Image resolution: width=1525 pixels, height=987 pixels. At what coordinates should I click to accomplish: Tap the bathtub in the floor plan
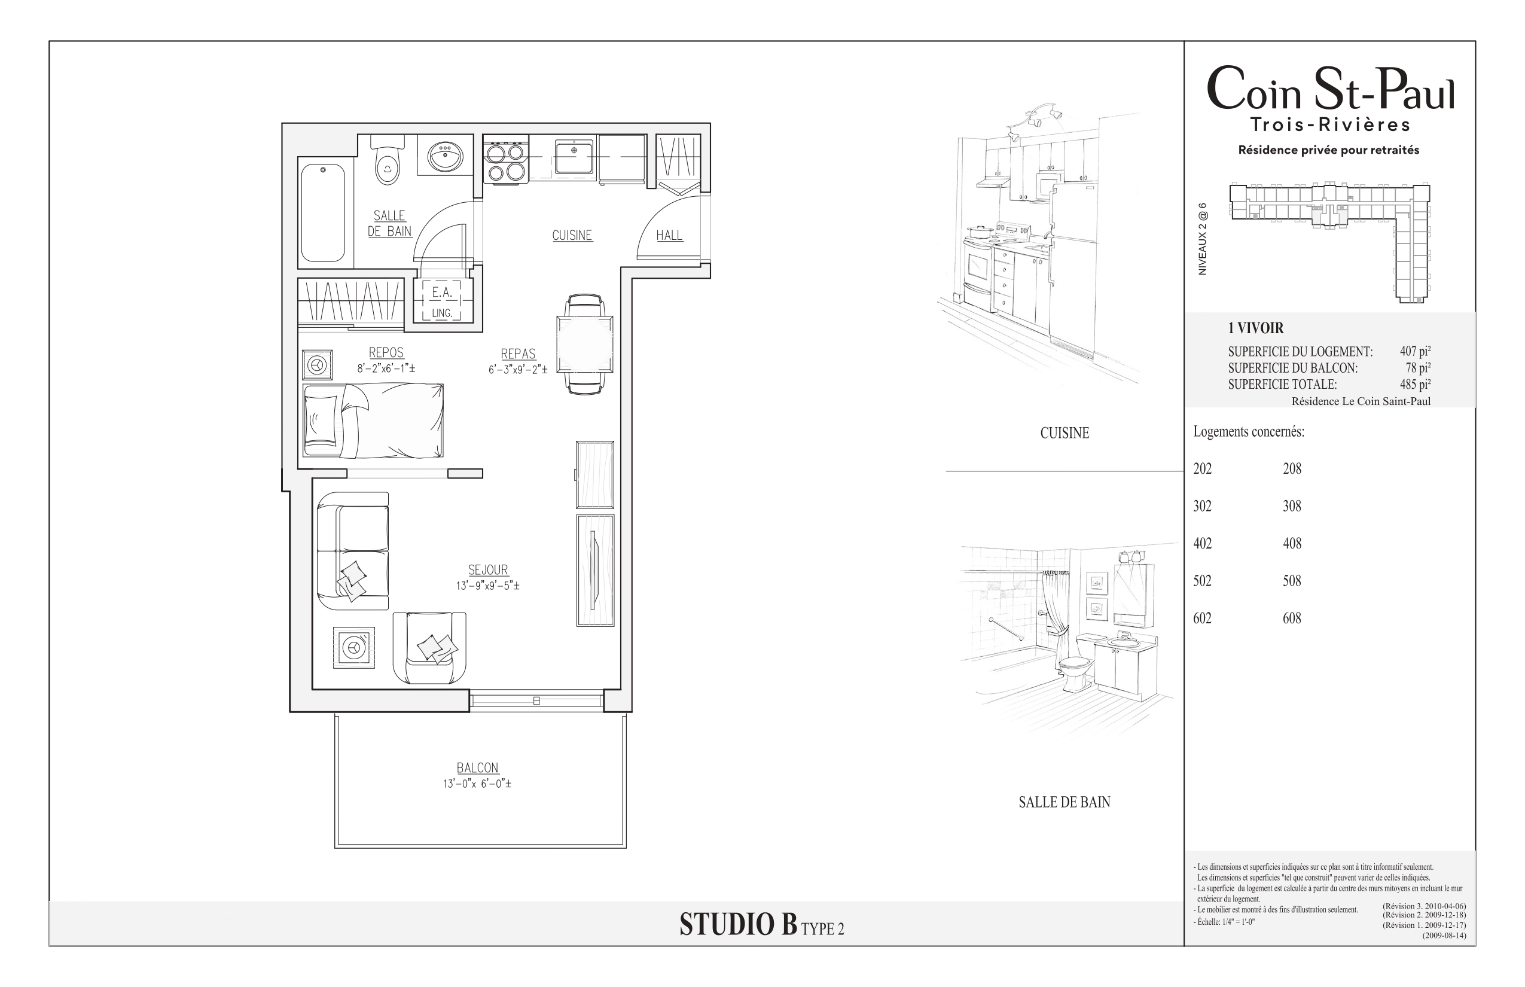[x=323, y=213]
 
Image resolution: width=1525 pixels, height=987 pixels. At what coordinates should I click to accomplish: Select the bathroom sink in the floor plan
[x=446, y=154]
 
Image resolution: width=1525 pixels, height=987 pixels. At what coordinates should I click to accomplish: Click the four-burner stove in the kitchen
[x=505, y=162]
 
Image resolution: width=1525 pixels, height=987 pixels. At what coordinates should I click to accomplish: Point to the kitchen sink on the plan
[x=574, y=157]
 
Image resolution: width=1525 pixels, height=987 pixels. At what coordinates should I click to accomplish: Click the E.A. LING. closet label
[x=442, y=302]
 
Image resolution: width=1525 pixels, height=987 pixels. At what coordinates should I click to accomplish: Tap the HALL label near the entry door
[x=670, y=235]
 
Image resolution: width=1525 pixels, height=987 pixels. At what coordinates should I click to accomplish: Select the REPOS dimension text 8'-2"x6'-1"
[x=386, y=368]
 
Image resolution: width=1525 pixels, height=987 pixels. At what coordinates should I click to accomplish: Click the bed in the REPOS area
[x=373, y=421]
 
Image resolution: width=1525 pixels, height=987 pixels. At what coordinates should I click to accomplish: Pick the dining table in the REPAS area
[x=584, y=344]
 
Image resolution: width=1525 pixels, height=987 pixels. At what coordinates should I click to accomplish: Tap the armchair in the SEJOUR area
[x=429, y=648]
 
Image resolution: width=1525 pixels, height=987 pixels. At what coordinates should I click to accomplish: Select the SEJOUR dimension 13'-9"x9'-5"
[x=487, y=585]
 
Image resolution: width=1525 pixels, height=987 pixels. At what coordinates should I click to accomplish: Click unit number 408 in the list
[x=1292, y=544]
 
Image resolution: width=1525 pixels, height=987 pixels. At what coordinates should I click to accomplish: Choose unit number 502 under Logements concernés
[x=1202, y=581]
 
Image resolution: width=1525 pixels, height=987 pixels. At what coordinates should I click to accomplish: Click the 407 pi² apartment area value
[x=1416, y=351]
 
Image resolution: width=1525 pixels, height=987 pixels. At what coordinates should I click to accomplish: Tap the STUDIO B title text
[x=738, y=924]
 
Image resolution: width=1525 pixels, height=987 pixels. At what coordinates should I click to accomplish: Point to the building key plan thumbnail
[x=1330, y=242]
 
